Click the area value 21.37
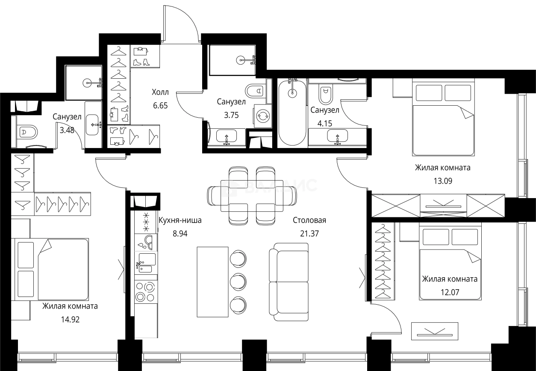[309, 234]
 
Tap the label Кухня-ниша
[180, 220]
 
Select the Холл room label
[160, 92]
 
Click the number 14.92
[70, 319]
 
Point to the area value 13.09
[442, 181]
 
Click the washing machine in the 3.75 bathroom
[262, 115]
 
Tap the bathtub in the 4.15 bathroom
[292, 113]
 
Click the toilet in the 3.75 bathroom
[255, 91]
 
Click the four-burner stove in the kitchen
[146, 291]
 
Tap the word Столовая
[309, 220]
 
